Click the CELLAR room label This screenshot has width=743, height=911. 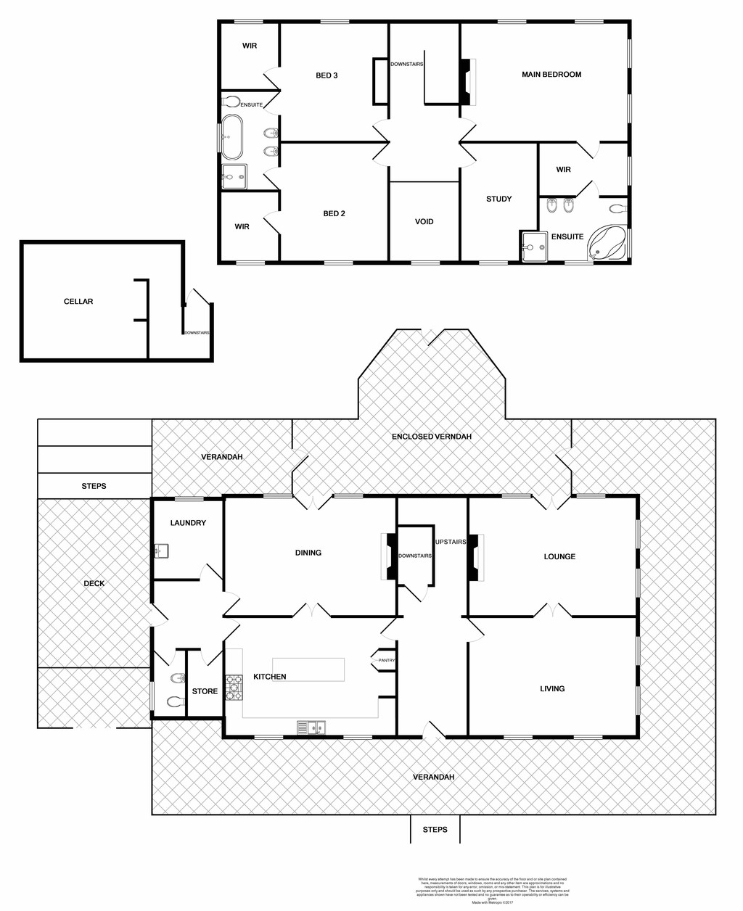point(78,301)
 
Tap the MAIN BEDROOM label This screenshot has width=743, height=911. point(551,74)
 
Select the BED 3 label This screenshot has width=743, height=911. point(327,75)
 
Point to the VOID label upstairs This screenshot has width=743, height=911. point(424,221)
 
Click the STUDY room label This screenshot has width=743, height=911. point(499,199)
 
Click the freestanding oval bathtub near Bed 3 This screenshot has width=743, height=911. point(232,136)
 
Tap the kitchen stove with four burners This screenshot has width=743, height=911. point(234,688)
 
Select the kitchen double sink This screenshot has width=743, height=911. point(311,727)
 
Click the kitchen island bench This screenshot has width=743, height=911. point(308,669)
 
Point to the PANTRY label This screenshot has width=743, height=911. point(386,660)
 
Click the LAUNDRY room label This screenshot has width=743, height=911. point(188,523)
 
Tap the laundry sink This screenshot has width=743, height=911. point(161,551)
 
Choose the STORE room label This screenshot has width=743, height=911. point(205,691)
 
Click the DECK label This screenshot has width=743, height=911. point(94,583)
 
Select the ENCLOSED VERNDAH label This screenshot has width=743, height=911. point(432,437)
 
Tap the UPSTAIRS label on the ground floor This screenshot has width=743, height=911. point(450,542)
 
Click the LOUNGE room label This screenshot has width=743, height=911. point(559,556)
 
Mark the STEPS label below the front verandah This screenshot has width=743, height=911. point(435,829)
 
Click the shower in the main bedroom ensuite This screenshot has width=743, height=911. point(535,246)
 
